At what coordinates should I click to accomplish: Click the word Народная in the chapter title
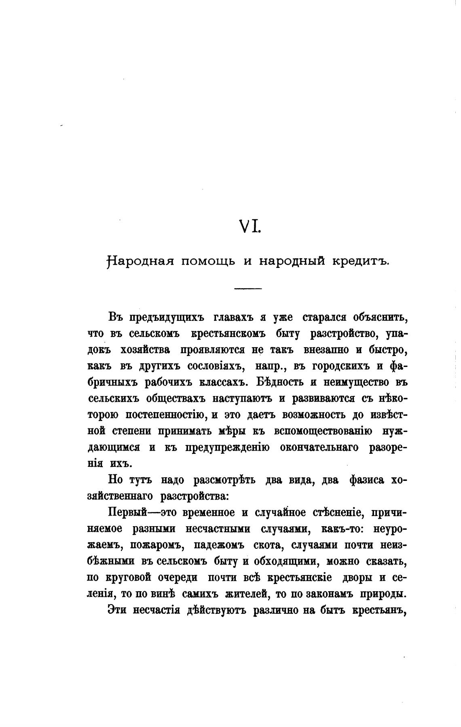point(140,261)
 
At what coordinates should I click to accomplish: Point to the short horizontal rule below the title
point(248,288)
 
